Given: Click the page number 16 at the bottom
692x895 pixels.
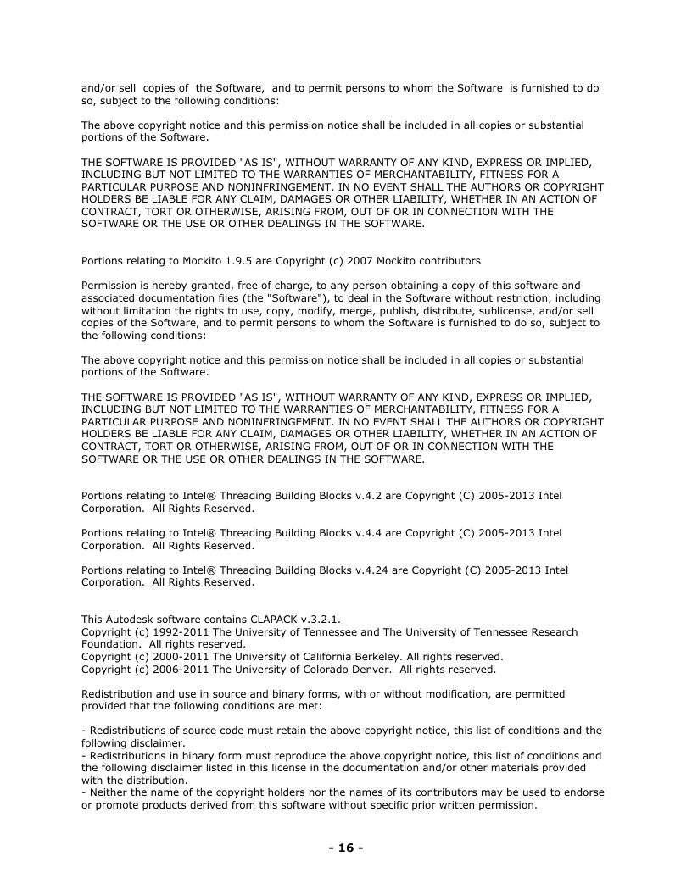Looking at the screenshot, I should point(346,848).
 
